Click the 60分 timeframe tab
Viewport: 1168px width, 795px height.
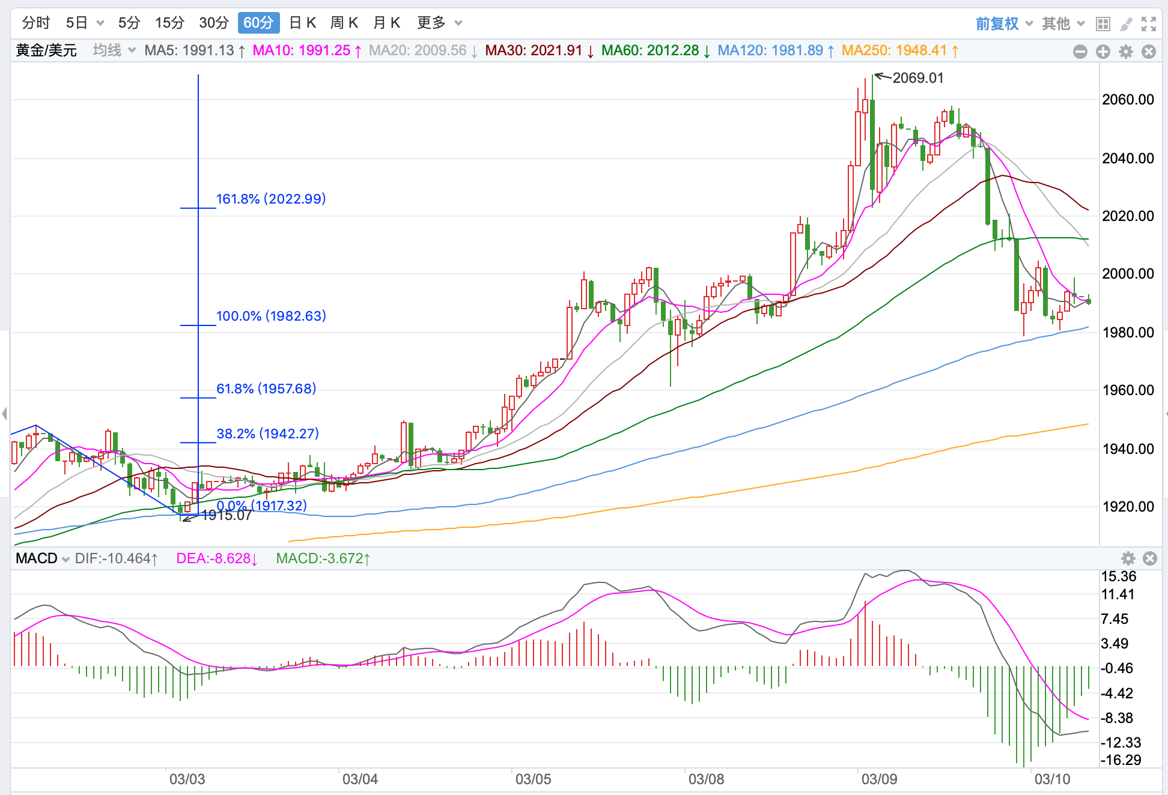[258, 23]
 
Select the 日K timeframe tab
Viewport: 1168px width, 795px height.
[302, 23]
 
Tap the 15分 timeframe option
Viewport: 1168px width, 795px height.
[169, 23]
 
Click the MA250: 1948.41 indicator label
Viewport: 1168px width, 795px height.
[900, 50]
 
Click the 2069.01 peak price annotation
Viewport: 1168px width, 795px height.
[918, 78]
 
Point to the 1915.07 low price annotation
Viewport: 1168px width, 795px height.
[227, 515]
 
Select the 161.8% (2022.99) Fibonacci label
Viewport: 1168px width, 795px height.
[271, 199]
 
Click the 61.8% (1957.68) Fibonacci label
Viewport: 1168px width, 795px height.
[266, 388]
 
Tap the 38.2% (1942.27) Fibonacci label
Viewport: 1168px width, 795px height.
[267, 434]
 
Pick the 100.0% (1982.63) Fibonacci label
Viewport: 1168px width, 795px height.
[271, 316]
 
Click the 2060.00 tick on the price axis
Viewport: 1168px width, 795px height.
[1128, 100]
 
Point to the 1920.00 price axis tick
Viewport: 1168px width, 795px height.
[1128, 507]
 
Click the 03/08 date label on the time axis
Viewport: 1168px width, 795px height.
[706, 779]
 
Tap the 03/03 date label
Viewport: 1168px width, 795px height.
[187, 779]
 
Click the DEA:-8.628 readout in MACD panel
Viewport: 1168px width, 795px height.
[217, 558]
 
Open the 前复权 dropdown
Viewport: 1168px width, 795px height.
[1004, 23]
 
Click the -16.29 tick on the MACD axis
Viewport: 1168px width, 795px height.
[1121, 760]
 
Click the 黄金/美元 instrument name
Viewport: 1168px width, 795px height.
[46, 50]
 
